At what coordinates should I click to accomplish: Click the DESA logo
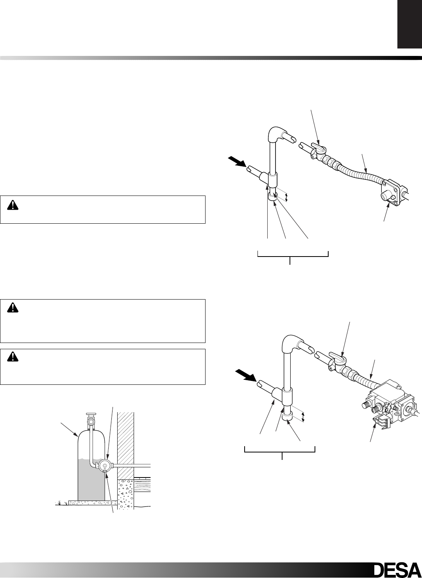(396, 569)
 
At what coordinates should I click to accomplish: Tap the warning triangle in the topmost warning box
(13, 205)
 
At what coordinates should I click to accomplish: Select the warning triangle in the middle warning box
(13, 309)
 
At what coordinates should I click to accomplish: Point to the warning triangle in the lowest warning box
(13, 358)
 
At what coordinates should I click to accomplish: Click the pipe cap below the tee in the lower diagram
(289, 422)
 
